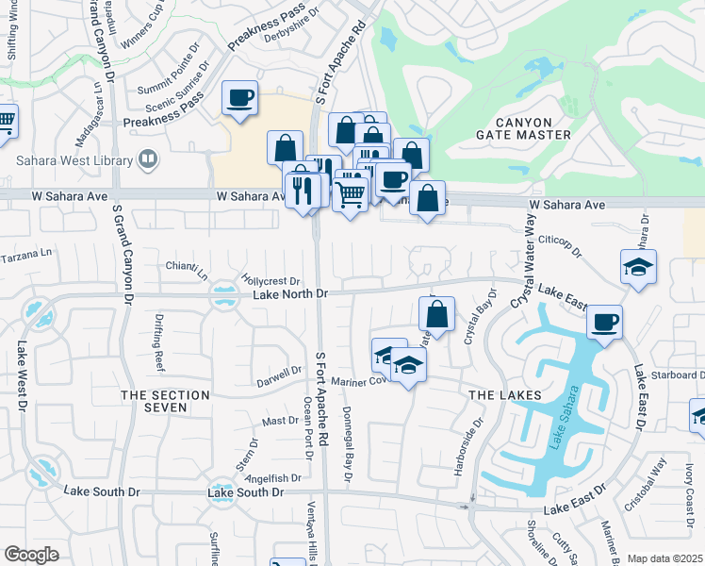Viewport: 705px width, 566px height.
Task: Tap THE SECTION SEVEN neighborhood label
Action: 165,401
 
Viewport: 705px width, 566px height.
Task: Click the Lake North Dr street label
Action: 289,295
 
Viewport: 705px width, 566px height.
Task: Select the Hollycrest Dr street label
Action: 271,281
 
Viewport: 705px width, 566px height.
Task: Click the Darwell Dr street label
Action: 279,383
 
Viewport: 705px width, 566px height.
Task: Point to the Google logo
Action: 31,555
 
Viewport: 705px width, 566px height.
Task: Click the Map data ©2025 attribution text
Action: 664,558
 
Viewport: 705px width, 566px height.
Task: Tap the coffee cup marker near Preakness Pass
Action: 239,98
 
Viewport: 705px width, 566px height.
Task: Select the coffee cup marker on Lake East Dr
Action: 604,323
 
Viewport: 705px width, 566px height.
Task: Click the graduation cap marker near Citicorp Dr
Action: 639,267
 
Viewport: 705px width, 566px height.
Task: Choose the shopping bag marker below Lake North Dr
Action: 436,314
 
